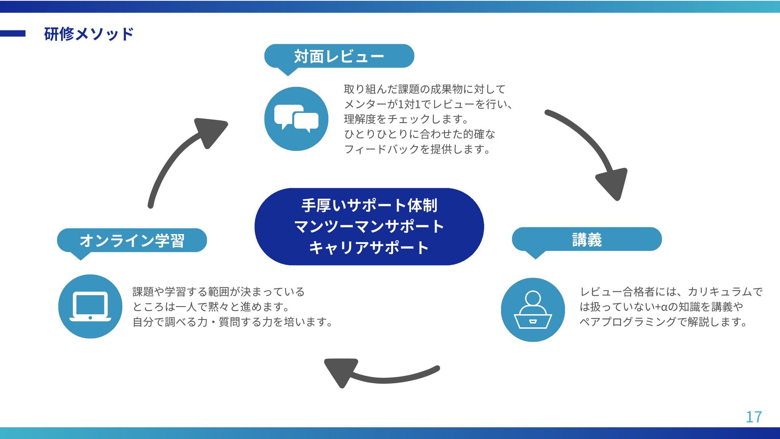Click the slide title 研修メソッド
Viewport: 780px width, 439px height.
click(x=89, y=34)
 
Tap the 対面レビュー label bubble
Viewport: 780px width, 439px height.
click(x=339, y=56)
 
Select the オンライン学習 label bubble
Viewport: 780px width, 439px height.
click(x=132, y=240)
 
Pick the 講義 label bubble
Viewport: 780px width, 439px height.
click(x=587, y=239)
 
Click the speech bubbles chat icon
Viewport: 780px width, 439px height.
click(x=296, y=118)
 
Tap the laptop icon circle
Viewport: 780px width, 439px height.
click(x=90, y=306)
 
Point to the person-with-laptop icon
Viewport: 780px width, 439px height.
click(x=533, y=310)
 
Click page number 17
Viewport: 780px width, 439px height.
click(x=754, y=417)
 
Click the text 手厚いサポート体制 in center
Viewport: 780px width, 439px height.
click(x=369, y=205)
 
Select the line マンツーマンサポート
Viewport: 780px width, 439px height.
click(x=369, y=226)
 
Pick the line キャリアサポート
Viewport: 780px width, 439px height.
click(x=369, y=248)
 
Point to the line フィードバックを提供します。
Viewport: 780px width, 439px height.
click(x=417, y=149)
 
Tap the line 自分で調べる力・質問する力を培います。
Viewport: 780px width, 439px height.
click(x=233, y=322)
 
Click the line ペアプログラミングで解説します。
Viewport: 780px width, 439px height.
click(x=663, y=322)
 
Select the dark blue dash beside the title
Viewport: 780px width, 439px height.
click(x=13, y=34)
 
